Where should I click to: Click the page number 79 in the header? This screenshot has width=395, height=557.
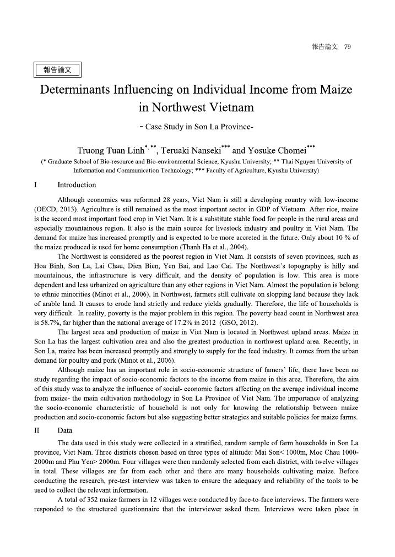point(347,47)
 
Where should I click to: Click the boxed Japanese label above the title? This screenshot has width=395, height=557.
point(57,70)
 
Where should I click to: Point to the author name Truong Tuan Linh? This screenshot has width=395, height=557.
point(110,151)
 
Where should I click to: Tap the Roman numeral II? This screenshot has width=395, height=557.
point(37,432)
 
